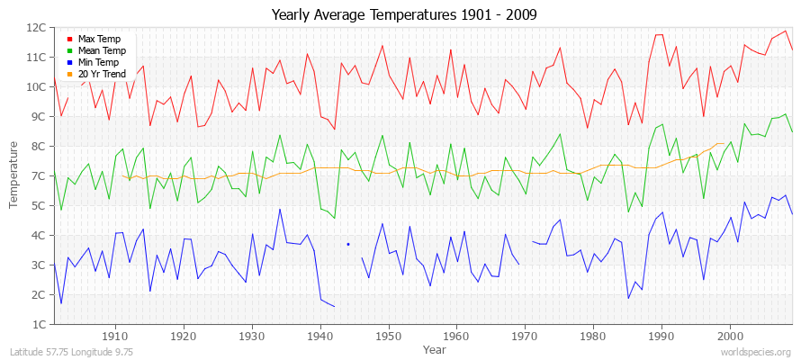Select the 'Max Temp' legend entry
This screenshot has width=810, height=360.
(98, 39)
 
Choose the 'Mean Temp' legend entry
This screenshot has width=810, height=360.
(101, 50)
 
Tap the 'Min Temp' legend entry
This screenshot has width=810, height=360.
(98, 62)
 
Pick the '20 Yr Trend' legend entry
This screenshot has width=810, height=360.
(102, 74)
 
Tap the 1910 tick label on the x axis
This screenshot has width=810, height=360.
(115, 336)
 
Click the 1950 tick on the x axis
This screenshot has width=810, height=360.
(388, 336)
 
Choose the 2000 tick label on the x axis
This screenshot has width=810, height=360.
(729, 336)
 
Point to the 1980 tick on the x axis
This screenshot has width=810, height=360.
(592, 336)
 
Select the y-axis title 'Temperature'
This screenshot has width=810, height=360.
(13, 175)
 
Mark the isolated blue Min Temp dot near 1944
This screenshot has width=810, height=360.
(347, 244)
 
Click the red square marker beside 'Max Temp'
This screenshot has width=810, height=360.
(70, 39)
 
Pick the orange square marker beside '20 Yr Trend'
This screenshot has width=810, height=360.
(70, 74)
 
